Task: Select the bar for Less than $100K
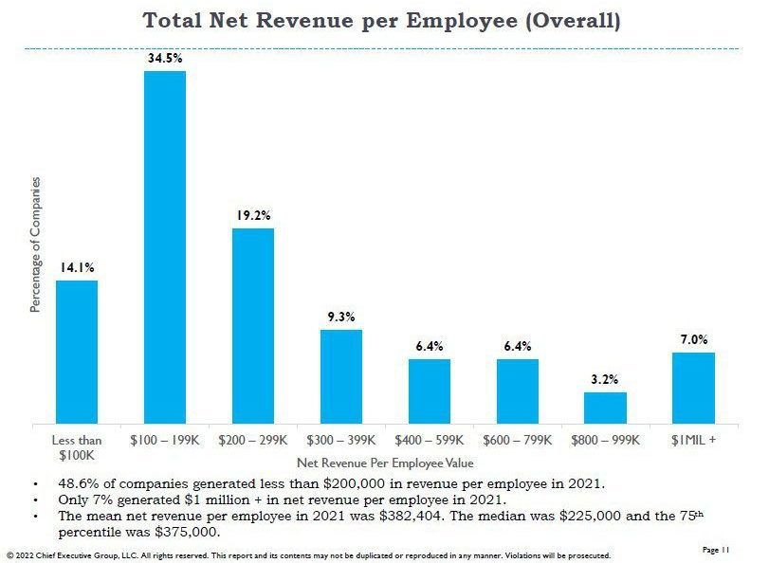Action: point(77,352)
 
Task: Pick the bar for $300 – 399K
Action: point(341,375)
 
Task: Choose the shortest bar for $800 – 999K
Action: point(605,407)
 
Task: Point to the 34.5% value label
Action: point(166,59)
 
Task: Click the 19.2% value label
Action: point(253,216)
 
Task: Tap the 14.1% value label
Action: point(77,268)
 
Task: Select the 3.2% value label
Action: point(605,380)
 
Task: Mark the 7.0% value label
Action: point(694,339)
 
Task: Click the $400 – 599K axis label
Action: point(430,441)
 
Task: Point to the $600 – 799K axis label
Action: point(517,441)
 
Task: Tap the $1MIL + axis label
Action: point(694,441)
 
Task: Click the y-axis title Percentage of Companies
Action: point(36,245)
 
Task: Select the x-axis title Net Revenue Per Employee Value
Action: point(385,463)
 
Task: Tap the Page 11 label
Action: point(716,549)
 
